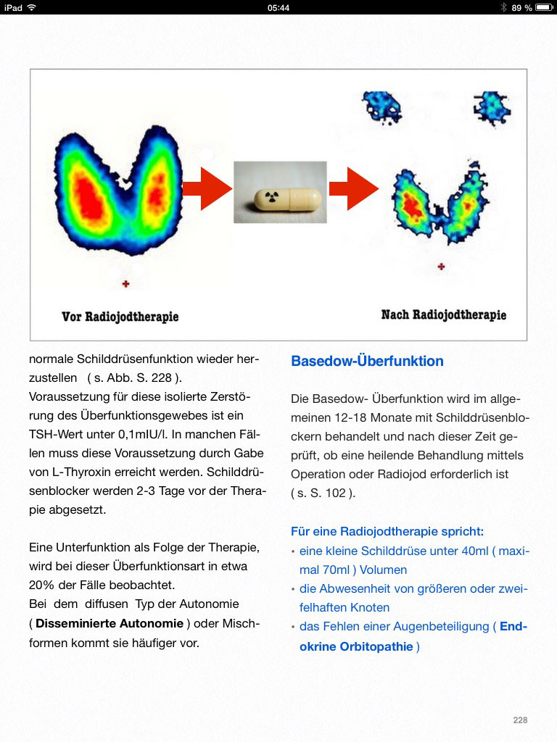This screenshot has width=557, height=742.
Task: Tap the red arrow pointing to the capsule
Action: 206,188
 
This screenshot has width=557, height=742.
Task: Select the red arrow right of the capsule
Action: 353,188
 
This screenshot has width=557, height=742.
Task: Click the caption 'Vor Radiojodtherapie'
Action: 120,317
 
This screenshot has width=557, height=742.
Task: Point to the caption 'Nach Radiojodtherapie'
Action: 444,314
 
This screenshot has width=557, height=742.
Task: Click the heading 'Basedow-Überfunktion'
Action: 367,361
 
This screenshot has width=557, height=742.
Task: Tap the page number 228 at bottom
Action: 520,720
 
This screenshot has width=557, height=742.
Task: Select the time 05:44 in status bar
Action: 278,7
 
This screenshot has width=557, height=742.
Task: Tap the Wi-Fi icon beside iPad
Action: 32,7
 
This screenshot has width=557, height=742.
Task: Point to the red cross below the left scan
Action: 126,284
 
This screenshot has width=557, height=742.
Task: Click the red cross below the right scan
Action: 441,267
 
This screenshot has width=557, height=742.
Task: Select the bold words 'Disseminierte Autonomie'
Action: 110,623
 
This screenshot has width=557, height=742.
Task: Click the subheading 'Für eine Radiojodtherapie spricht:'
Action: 387,531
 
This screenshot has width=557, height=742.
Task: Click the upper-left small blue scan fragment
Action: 381,104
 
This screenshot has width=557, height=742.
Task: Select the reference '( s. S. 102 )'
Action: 322,493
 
